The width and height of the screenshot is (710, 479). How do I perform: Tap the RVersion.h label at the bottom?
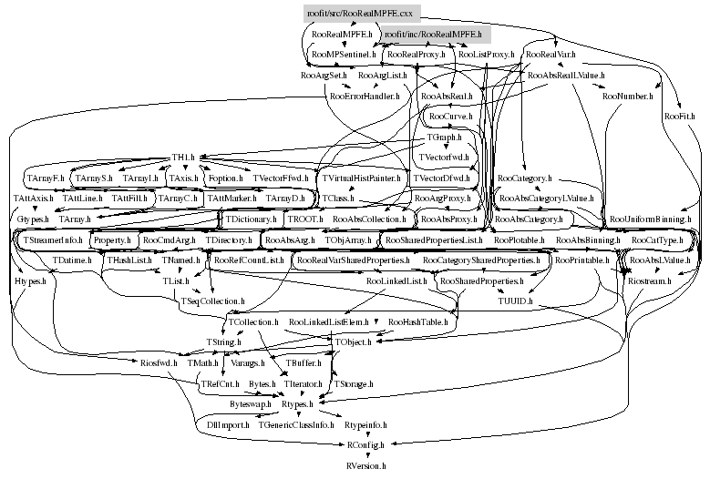tap(367, 464)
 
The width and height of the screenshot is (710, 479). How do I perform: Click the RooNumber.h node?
tap(624, 95)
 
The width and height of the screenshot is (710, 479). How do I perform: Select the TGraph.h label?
tap(445, 137)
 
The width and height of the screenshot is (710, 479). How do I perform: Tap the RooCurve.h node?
tap(449, 117)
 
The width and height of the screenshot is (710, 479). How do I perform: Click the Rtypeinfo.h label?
tap(366, 424)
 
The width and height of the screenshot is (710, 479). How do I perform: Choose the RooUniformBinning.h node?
tap(651, 219)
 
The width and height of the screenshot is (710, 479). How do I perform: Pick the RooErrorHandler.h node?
tap(365, 95)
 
